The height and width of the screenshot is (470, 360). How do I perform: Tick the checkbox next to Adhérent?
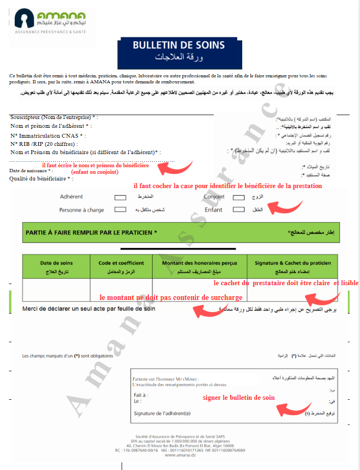[x=120, y=197]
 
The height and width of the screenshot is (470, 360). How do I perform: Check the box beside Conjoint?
[x=238, y=197]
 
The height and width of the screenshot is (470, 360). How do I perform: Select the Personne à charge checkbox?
[x=120, y=209]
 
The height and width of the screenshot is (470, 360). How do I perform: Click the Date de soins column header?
[x=56, y=266]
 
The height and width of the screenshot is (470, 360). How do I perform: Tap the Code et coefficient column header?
[x=121, y=266]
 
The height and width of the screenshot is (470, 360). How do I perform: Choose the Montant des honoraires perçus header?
[x=199, y=266]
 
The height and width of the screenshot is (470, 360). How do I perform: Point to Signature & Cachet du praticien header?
[x=293, y=266]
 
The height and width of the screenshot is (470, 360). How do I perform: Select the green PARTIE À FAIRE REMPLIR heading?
[x=92, y=233]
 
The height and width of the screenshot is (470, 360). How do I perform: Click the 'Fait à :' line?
[x=141, y=394]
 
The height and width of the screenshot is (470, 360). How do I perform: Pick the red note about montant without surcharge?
[x=170, y=297]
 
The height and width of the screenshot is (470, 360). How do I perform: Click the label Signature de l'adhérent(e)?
[x=162, y=413]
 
